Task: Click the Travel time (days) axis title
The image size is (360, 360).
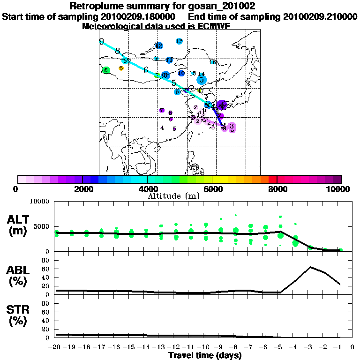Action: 205,356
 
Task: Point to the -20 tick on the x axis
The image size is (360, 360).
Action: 56,347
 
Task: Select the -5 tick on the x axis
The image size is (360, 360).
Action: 280,347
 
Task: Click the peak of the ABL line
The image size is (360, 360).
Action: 310,267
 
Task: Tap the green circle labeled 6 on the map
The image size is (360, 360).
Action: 106,70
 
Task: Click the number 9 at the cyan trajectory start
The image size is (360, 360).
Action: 101,42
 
